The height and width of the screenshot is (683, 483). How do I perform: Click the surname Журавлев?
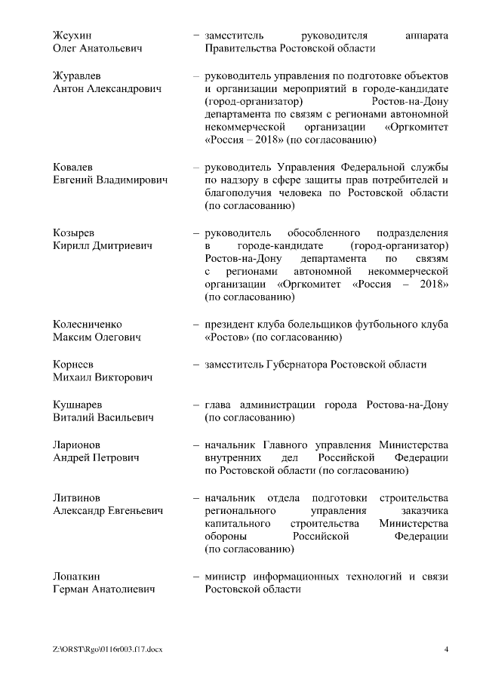78,76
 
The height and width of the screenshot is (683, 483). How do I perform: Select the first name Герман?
72,589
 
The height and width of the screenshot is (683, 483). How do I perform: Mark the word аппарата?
426,35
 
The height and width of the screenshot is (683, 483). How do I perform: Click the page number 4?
446,649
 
